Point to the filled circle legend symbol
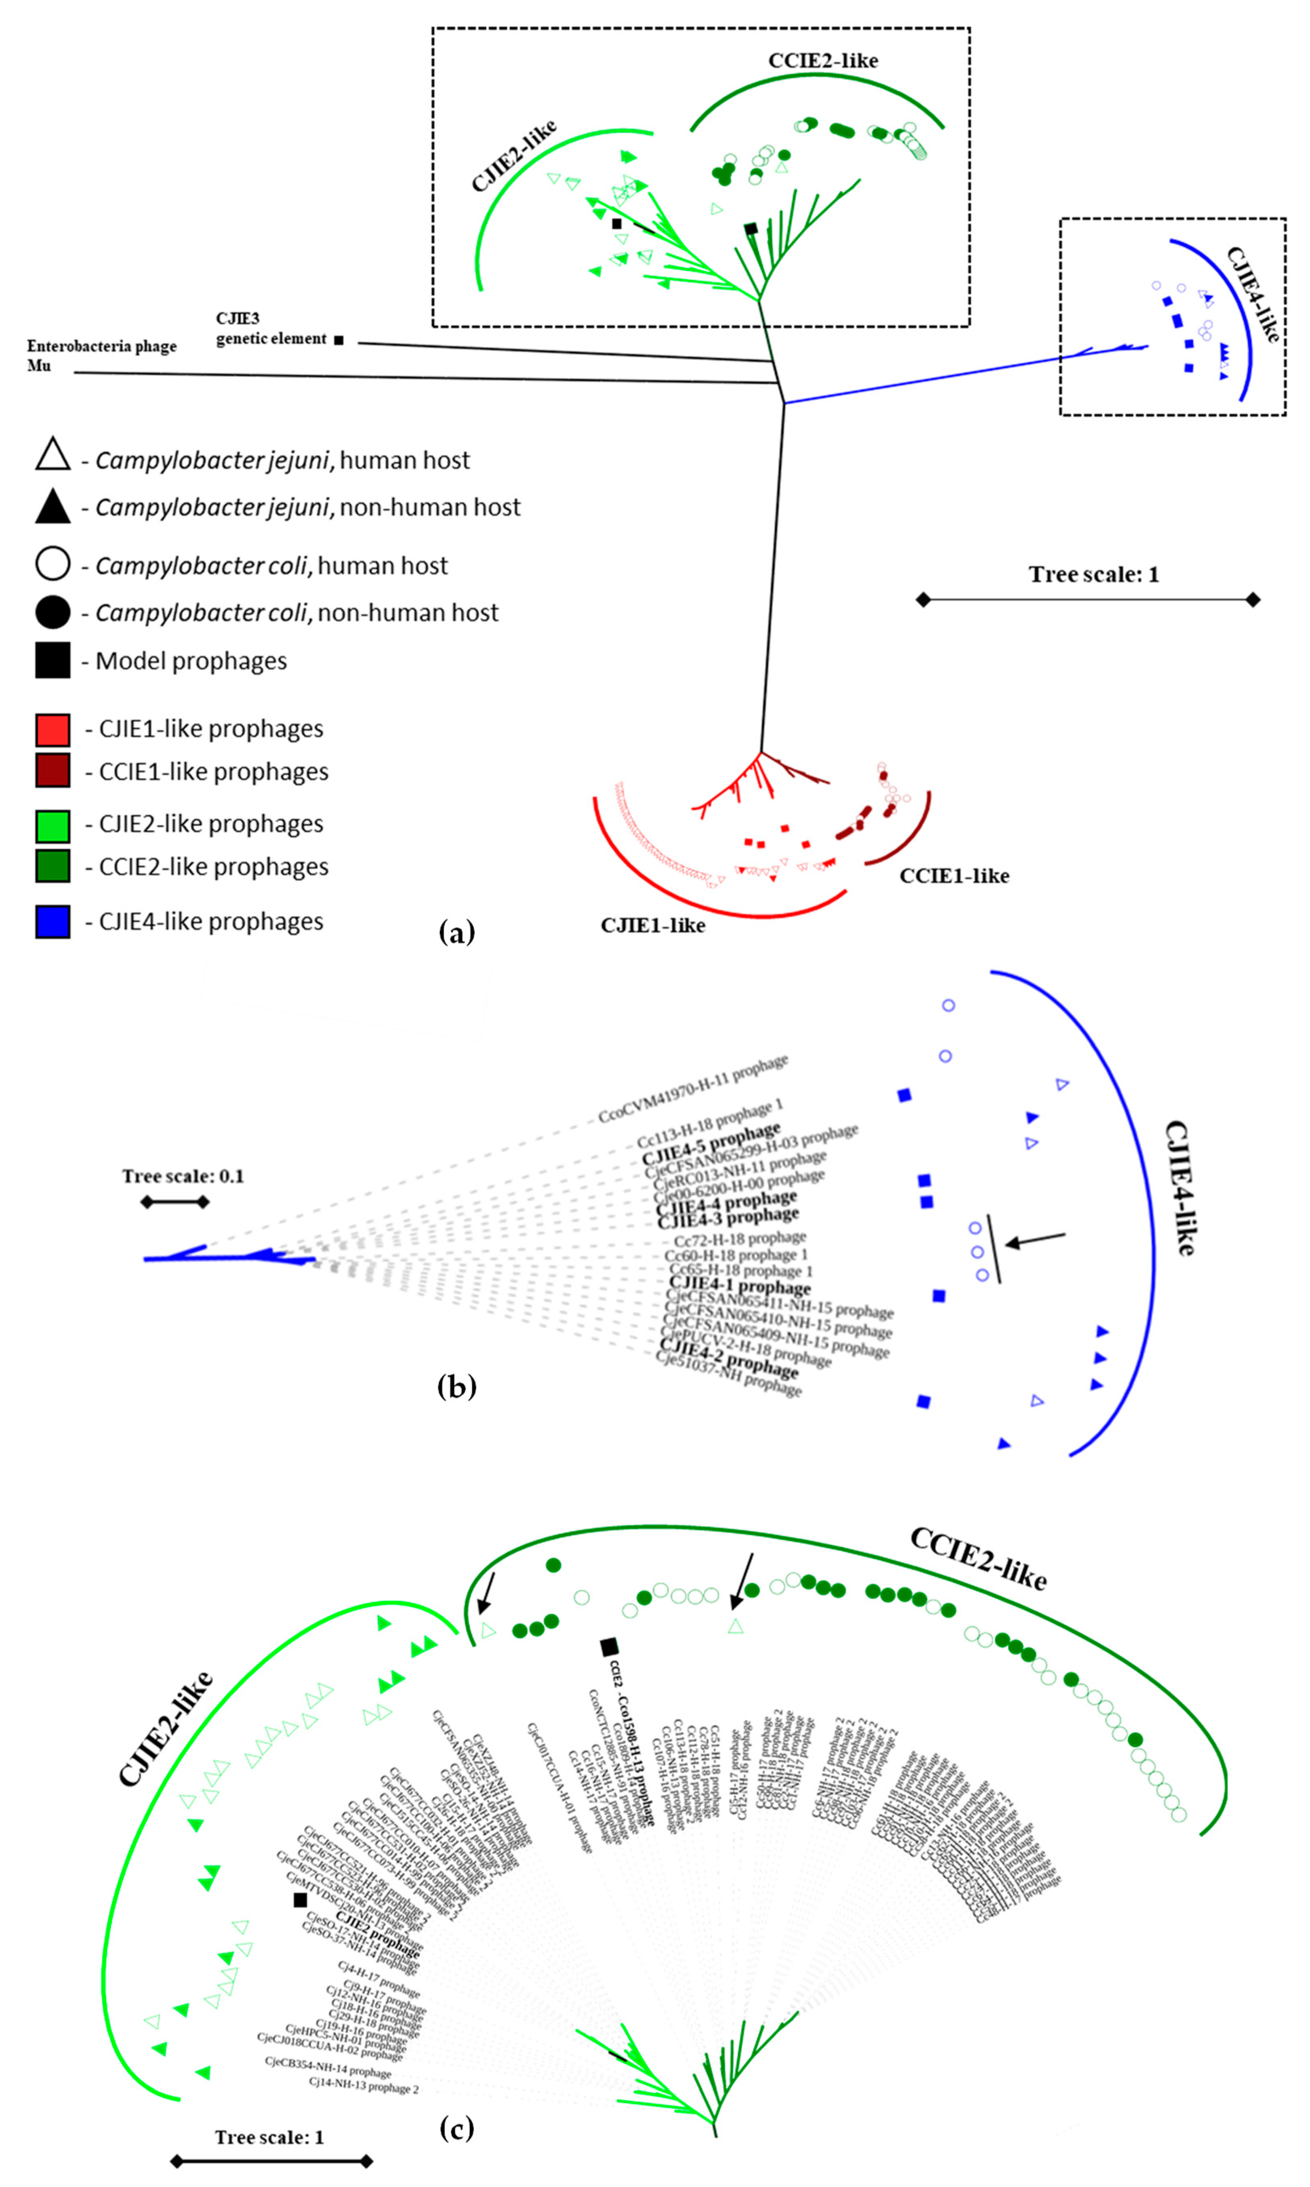[53, 612]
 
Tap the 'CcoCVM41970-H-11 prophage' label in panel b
[693, 1090]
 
